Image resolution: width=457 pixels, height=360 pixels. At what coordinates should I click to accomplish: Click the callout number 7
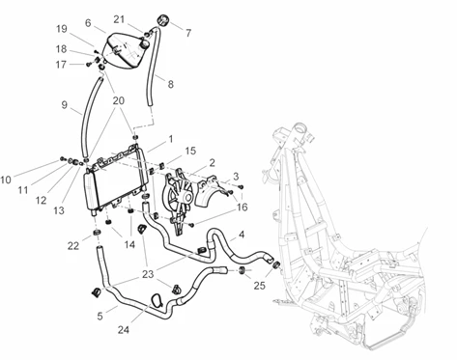tap(188, 33)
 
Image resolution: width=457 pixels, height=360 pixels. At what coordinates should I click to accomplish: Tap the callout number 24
tap(124, 330)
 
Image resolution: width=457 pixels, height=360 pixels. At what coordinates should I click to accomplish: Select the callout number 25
tap(259, 286)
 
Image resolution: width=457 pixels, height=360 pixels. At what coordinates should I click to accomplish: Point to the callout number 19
tap(62, 29)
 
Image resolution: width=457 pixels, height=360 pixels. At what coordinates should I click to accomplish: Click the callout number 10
tap(6, 180)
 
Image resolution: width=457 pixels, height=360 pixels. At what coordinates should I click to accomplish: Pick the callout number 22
tap(73, 246)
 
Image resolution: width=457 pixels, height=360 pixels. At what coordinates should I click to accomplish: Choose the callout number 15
tap(190, 151)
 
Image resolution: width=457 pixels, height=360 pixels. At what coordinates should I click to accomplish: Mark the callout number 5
tap(100, 316)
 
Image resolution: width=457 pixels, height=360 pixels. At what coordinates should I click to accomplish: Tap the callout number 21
tap(119, 19)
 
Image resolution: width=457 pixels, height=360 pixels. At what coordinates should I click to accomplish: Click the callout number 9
tap(65, 105)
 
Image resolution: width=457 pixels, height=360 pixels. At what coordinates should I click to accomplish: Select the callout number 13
tap(59, 210)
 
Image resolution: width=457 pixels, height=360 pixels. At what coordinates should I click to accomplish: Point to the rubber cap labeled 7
tap(163, 20)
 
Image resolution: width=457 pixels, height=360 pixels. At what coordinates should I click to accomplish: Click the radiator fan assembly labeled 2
tap(178, 201)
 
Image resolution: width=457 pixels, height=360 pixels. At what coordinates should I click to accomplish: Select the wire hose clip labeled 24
tap(157, 300)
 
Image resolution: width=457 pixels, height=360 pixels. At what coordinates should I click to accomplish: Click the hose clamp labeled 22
tap(97, 233)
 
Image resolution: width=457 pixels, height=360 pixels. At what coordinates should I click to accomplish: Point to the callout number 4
tap(242, 235)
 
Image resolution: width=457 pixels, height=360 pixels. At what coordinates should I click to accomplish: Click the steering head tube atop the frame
tap(300, 131)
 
